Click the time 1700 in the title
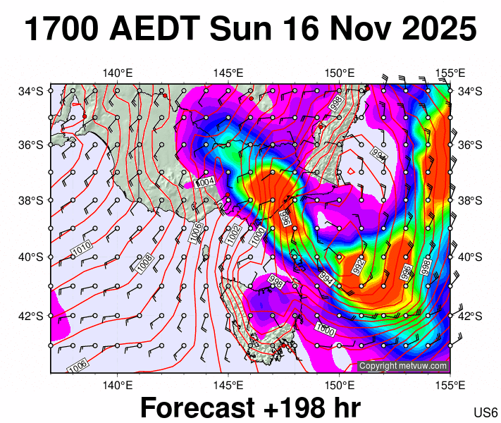pyautogui.click(x=61, y=30)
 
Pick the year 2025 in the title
pyautogui.click(x=439, y=30)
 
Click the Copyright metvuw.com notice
pyautogui.click(x=403, y=366)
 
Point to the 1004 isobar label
pyautogui.click(x=205, y=182)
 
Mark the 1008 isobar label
pyautogui.click(x=145, y=263)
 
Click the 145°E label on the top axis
pyautogui.click(x=228, y=73)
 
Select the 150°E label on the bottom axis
pyautogui.click(x=339, y=384)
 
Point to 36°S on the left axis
pyautogui.click(x=32, y=145)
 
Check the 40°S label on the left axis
pyautogui.click(x=32, y=257)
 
